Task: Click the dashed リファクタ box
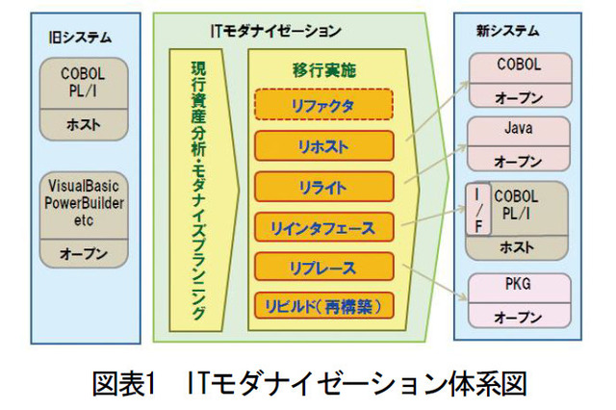point(324,104)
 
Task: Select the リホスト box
point(324,145)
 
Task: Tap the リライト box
point(324,187)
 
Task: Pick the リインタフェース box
point(324,228)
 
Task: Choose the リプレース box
point(324,268)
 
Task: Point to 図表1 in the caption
point(124,383)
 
